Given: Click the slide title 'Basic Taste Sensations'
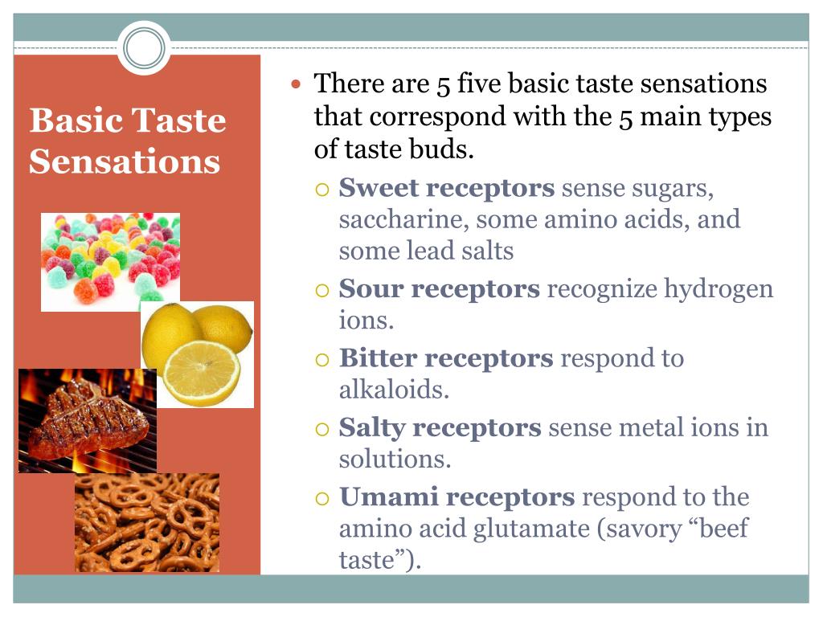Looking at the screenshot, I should click(x=127, y=141).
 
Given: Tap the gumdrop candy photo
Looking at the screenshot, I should click(x=110, y=260).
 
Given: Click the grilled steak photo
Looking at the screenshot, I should click(x=87, y=420).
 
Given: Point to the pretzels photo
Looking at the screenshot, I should click(x=147, y=522).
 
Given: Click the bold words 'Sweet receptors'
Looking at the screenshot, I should click(x=446, y=188).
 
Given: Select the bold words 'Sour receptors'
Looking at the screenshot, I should click(x=439, y=288).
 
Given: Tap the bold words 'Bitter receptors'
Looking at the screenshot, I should click(x=445, y=358).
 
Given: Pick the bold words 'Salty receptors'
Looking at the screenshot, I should click(x=440, y=427).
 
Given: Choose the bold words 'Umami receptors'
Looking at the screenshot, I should click(x=457, y=496).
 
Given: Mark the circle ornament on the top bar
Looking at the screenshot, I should click(x=144, y=47).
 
